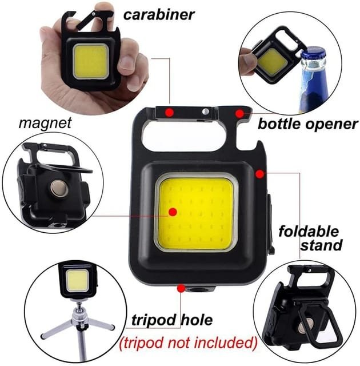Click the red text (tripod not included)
click(187, 343)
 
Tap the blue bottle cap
click(313, 55)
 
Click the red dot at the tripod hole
click(181, 289)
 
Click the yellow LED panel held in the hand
click(90, 62)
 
